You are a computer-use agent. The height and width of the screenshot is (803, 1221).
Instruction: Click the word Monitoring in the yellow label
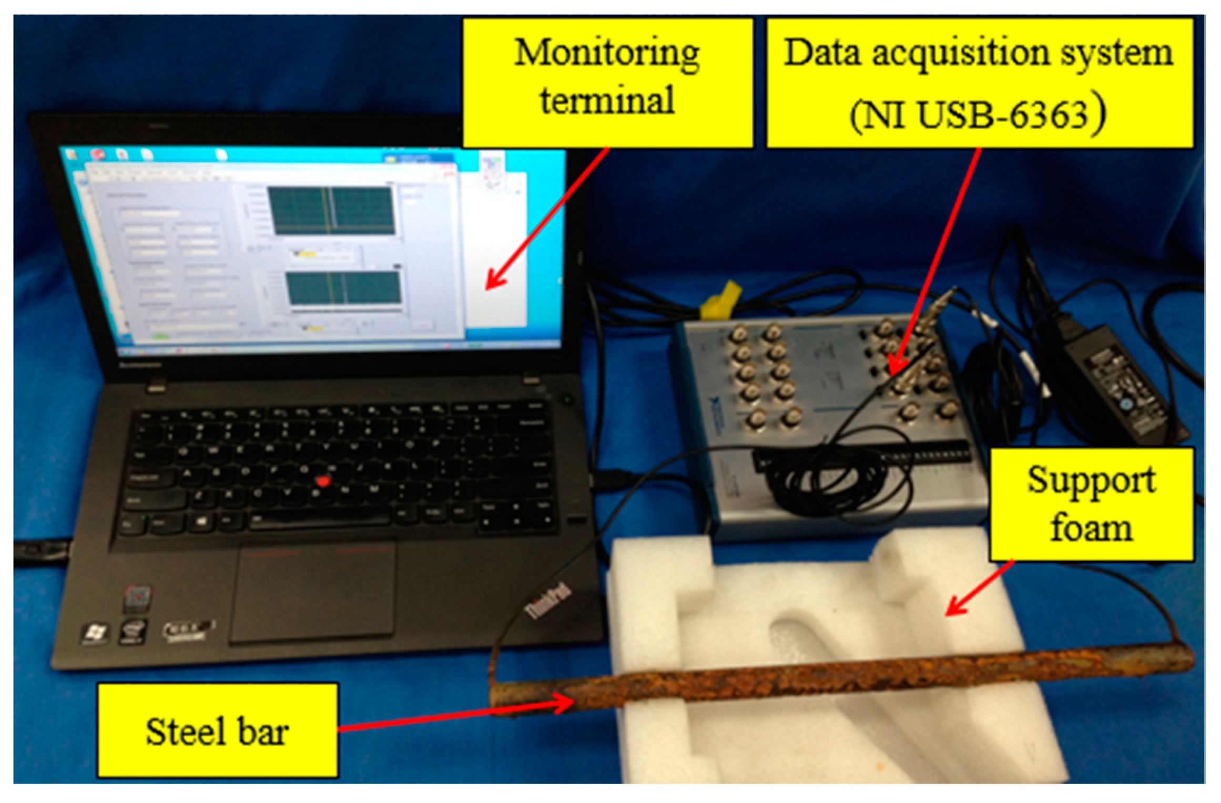(607, 54)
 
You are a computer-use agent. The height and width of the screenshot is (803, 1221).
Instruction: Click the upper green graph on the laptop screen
(331, 210)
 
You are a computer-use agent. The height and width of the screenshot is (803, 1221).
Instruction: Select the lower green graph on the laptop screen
(344, 288)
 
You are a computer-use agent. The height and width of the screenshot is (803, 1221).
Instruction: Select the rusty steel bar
(841, 678)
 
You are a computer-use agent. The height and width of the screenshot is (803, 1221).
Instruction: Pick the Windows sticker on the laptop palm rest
(95, 634)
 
